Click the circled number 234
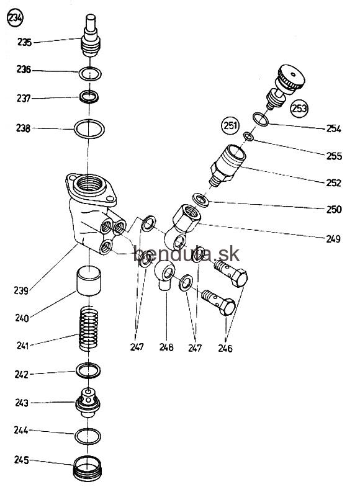15,18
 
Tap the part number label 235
24,42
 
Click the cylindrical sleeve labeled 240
89,281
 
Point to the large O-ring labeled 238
89,128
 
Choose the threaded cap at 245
88,469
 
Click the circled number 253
299,109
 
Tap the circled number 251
230,125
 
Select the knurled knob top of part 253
291,77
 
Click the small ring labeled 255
248,136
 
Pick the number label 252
333,182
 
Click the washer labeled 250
201,200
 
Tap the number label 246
225,348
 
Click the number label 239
21,290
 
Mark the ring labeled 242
88,370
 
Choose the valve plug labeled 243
88,403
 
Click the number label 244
21,430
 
